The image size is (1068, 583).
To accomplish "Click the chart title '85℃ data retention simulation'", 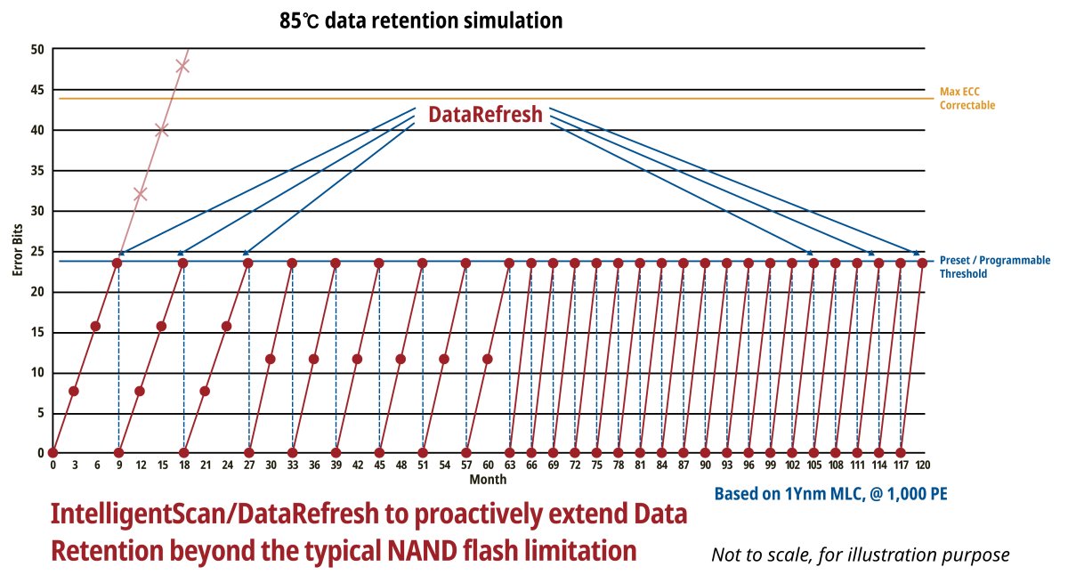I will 420,20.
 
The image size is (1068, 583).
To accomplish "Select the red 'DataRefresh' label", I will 485,115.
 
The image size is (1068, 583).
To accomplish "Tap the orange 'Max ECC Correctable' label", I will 967,99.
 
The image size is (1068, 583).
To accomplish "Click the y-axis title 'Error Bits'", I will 18,251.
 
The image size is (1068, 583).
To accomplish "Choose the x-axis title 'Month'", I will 489,480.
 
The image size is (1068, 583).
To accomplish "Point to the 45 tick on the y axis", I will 37,90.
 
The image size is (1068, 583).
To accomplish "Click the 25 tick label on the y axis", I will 37,252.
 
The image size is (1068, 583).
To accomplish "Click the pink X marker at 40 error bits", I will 161,130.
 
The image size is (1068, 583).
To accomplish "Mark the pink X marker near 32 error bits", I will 140,193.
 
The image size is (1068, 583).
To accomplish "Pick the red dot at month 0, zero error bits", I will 53,453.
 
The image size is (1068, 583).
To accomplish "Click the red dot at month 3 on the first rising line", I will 74,391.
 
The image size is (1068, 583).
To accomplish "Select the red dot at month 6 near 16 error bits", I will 95,327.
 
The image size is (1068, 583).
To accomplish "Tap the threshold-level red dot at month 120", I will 922,263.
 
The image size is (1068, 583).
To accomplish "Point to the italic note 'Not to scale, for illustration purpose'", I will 860,555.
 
